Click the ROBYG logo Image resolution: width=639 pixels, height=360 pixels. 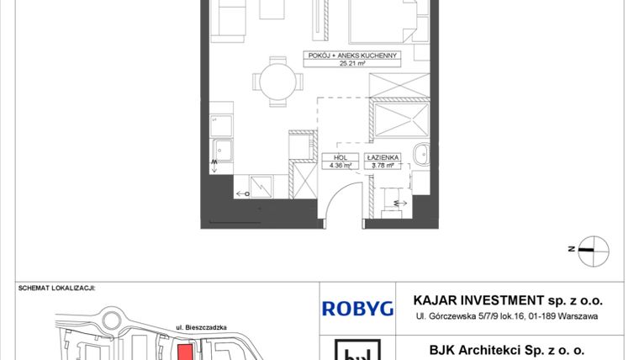point(357,308)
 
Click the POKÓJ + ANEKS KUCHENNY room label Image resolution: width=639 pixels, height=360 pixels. point(350,56)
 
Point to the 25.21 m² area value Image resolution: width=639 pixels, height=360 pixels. point(350,63)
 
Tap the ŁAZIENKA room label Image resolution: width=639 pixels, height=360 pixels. point(383,157)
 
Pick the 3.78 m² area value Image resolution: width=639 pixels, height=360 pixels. point(383,165)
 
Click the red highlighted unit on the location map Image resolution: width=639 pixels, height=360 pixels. point(183,352)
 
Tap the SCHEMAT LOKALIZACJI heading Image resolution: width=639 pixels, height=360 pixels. point(56,287)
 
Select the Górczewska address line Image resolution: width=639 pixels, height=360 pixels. point(505,316)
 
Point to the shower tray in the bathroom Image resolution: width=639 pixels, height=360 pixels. point(401,118)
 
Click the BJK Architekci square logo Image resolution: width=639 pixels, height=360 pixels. point(357,350)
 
